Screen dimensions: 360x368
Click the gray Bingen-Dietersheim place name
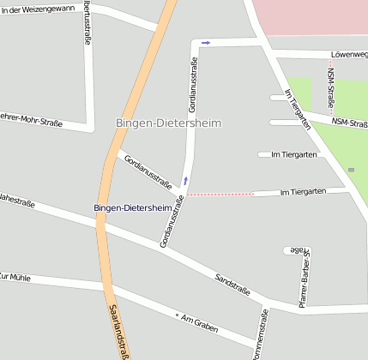coord(168,123)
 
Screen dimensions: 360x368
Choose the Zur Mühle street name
coord(16,278)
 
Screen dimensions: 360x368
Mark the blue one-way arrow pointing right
coord(206,42)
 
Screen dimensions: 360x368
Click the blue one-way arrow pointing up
coord(184,181)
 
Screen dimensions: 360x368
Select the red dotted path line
coord(221,195)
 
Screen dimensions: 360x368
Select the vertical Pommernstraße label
coord(262,335)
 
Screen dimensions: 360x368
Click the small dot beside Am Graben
coord(177,315)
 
